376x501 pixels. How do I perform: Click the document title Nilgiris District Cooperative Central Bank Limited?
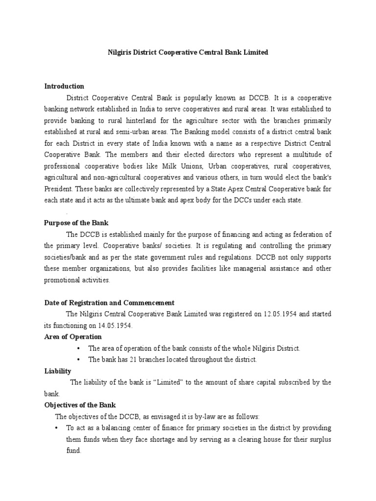click(188, 52)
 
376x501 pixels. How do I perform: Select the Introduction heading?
click(64, 86)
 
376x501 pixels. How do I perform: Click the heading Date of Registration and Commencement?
click(109, 303)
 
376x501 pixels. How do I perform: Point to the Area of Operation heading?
click(73, 337)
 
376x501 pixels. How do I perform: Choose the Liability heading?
click(58, 371)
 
